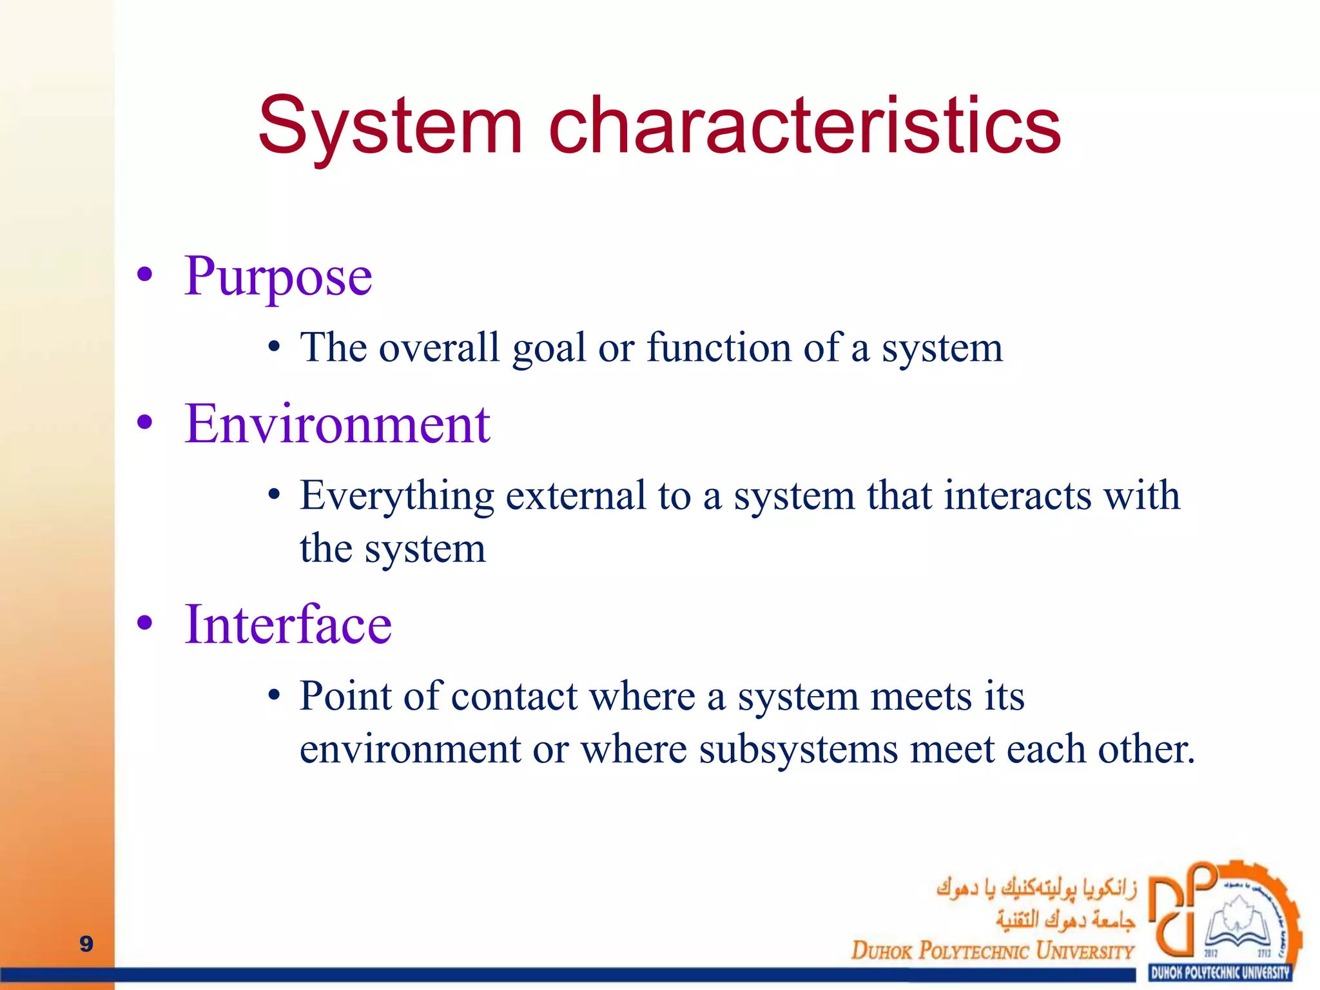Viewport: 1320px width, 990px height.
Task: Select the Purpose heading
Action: coord(278,277)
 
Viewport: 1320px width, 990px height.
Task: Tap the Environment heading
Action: coord(337,425)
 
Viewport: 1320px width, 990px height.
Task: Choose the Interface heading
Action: coord(288,625)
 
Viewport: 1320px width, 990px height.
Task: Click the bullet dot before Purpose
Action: coord(144,275)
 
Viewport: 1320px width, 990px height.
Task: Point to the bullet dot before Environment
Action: coord(144,423)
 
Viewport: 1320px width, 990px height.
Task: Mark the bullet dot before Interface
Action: coord(144,623)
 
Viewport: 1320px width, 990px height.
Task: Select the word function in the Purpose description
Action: coord(719,348)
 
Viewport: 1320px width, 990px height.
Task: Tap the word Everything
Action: coord(396,497)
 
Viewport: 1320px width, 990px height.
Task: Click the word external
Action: coord(576,496)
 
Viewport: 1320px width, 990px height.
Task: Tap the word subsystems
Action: coord(799,750)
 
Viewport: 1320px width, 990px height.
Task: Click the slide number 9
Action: coord(86,944)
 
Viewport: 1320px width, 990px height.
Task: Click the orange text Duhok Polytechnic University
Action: coord(992,951)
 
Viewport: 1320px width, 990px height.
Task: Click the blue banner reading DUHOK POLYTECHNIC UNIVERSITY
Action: coord(1219,973)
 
